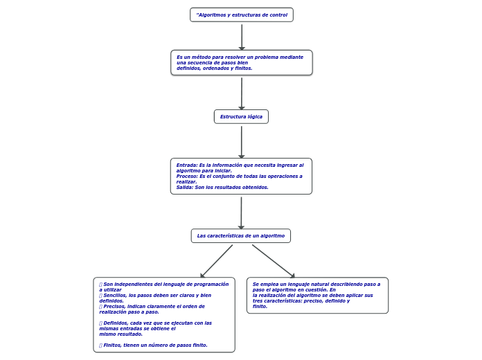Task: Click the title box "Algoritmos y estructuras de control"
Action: point(242,15)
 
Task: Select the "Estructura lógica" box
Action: point(241,116)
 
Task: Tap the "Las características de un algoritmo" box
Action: point(240,235)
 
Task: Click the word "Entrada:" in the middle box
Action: point(187,165)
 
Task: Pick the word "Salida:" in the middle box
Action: point(185,187)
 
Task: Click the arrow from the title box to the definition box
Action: point(242,36)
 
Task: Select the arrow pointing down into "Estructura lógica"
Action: point(242,93)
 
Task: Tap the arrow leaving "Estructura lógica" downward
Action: point(241,141)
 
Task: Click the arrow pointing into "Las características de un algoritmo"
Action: point(241,213)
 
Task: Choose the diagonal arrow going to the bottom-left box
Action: point(217,261)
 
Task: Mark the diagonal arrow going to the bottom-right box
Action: point(273,261)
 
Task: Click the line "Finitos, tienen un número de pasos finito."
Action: point(155,345)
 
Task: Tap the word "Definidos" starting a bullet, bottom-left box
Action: point(116,323)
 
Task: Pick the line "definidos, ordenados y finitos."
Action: point(214,68)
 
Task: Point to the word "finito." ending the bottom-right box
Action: point(260,306)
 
